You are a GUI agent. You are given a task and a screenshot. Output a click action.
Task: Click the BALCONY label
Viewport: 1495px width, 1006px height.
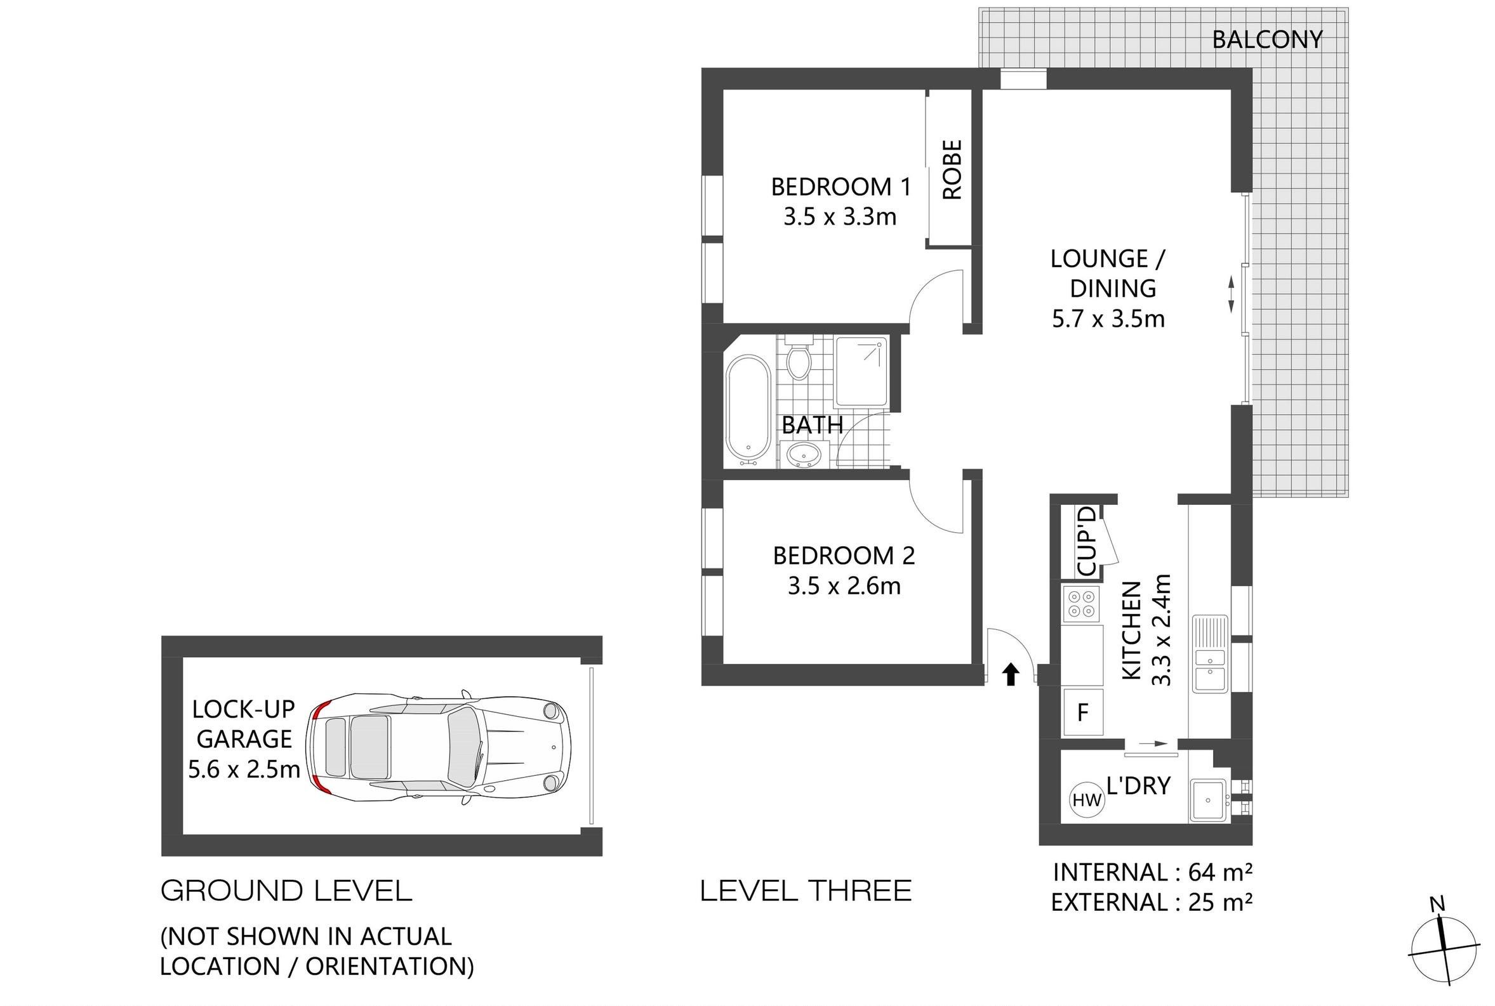pyautogui.click(x=1266, y=40)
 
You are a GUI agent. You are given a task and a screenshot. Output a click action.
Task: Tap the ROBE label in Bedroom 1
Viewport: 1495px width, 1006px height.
pyautogui.click(x=953, y=170)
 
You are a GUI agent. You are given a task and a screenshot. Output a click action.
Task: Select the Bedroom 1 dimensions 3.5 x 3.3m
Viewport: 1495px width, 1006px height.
pyautogui.click(x=840, y=217)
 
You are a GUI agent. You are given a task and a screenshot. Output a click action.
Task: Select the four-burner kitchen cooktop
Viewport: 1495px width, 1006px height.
pyautogui.click(x=1081, y=604)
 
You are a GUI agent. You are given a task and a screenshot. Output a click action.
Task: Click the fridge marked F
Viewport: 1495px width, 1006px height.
pyautogui.click(x=1083, y=712)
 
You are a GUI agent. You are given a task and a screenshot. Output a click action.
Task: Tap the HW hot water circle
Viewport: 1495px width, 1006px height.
pyautogui.click(x=1087, y=800)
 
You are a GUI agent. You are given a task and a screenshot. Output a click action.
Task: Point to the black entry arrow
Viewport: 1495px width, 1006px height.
pyautogui.click(x=1011, y=674)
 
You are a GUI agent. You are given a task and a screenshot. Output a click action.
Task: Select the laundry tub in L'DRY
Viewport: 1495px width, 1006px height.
pyautogui.click(x=1208, y=800)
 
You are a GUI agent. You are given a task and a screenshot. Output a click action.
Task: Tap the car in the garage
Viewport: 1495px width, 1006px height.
pyautogui.click(x=439, y=747)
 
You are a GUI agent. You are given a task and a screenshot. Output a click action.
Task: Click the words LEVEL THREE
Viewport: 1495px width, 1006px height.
pyautogui.click(x=806, y=891)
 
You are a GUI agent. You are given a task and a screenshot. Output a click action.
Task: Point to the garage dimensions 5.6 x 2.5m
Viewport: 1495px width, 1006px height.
pyautogui.click(x=244, y=769)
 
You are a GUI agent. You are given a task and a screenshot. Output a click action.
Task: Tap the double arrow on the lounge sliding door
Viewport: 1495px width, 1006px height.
pyautogui.click(x=1231, y=294)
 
